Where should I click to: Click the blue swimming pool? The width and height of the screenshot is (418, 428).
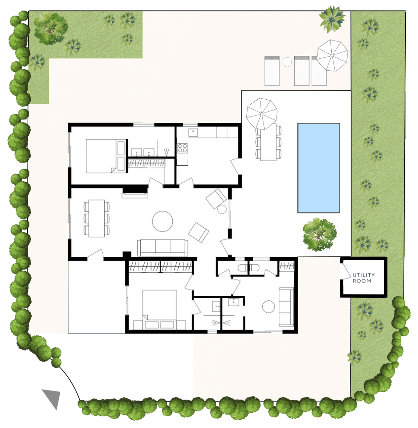tap(319, 168)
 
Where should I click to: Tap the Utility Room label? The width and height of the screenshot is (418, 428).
tap(363, 278)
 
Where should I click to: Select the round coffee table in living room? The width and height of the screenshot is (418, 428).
tap(162, 221)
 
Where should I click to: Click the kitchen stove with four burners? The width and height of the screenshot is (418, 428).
tap(182, 148)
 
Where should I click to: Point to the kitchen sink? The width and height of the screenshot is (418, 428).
tap(193, 132)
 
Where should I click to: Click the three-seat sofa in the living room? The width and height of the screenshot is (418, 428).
tap(163, 248)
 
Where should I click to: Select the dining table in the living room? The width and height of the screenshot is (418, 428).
tap(97, 218)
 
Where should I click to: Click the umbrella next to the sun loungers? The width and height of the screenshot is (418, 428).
tap(332, 55)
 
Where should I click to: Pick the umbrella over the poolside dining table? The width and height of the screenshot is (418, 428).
tap(262, 114)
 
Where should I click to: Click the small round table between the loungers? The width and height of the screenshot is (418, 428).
tap(287, 62)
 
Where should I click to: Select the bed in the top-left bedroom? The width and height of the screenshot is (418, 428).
tap(106, 156)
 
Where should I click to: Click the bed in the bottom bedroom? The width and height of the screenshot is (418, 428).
tap(159, 310)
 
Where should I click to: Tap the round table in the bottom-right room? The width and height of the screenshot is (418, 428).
tap(268, 307)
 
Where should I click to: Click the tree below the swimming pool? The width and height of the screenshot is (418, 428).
tap(319, 234)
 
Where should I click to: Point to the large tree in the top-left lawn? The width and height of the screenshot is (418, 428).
tap(51, 28)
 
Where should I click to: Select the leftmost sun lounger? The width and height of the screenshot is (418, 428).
tap(272, 71)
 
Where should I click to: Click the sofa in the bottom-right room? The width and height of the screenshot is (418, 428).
tap(286, 307)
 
